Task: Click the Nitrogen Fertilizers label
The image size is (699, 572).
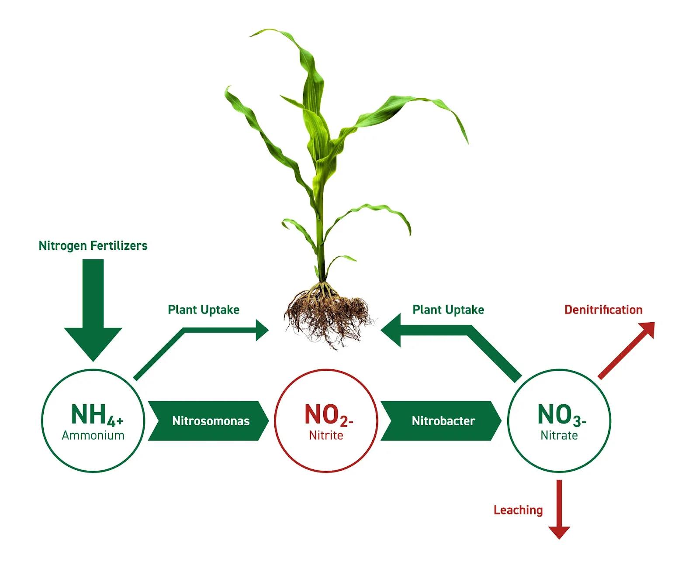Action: coord(93,246)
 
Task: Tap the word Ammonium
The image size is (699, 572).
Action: coord(93,435)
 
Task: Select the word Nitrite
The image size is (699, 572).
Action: coord(326,435)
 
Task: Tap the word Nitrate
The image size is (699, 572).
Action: coord(559,435)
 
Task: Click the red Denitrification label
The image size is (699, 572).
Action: coord(603,310)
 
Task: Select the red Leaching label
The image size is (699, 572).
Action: coord(518,510)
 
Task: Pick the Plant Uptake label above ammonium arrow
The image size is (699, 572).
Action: coord(204,310)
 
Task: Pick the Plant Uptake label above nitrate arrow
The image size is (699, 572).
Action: coord(448,310)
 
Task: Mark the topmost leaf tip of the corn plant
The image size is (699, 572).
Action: coord(253,34)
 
